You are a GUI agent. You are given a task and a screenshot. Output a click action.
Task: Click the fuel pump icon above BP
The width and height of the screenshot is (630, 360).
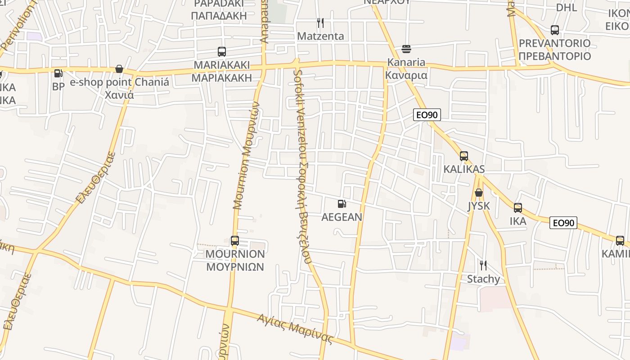tap(58, 73)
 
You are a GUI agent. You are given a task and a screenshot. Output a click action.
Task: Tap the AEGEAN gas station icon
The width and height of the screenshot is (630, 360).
tap(342, 204)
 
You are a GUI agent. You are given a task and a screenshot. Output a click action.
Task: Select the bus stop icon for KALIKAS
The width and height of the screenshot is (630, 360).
tap(464, 156)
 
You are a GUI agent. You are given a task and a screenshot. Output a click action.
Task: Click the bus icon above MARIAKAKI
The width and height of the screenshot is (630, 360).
tap(221, 52)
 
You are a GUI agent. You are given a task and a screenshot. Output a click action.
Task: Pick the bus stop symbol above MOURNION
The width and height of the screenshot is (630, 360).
tap(234, 241)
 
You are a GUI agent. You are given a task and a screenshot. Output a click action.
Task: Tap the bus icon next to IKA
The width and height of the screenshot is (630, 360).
tap(518, 208)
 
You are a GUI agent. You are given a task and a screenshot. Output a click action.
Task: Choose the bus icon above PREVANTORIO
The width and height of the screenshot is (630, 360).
tap(555, 30)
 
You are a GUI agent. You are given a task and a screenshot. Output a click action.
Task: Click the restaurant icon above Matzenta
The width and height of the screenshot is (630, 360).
tap(320, 22)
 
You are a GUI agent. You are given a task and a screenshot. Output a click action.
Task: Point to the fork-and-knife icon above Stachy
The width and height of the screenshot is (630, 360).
tap(483, 265)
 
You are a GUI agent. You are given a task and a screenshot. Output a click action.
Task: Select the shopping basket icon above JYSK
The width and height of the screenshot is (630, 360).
tap(479, 193)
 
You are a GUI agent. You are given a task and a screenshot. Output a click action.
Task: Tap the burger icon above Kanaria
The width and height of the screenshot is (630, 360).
tap(406, 49)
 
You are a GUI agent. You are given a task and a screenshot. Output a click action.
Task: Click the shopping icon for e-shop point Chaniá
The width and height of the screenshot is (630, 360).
tap(119, 69)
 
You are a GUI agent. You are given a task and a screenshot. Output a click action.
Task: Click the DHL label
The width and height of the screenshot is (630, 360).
tap(567, 8)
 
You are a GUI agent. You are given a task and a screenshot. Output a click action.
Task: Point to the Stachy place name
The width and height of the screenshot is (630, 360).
tap(483, 279)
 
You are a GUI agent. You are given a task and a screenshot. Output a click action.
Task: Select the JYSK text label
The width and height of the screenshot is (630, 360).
tap(478, 206)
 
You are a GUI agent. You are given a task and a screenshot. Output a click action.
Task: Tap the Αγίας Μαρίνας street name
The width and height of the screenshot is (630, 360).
tap(295, 329)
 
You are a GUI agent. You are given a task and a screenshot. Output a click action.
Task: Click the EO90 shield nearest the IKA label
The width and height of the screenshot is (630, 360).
tap(563, 223)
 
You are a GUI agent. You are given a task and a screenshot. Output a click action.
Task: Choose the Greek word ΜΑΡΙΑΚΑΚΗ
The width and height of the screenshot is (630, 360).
tap(221, 77)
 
